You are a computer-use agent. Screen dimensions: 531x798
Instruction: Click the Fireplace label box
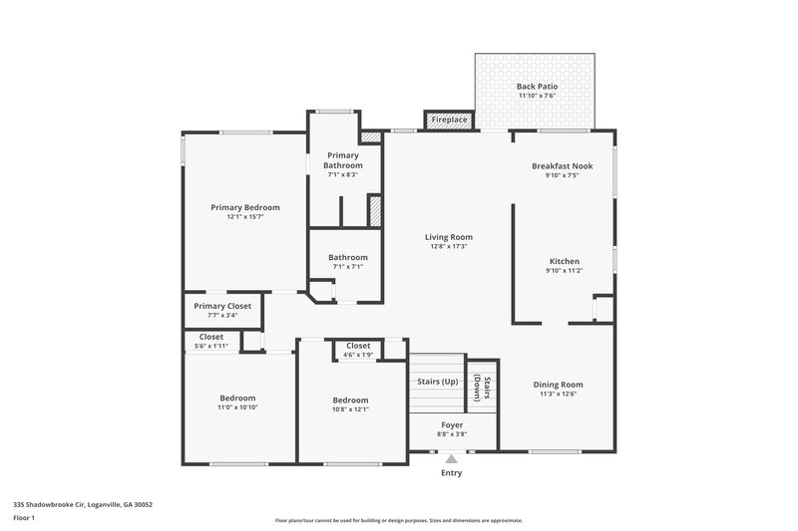(x=448, y=121)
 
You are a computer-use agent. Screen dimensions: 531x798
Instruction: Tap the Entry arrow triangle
(x=451, y=459)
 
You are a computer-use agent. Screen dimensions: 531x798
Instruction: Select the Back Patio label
(x=537, y=87)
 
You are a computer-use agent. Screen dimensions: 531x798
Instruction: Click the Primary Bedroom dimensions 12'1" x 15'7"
(x=244, y=217)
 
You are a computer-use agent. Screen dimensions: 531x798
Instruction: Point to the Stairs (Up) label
(x=437, y=382)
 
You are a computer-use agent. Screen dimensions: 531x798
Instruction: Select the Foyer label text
(x=451, y=424)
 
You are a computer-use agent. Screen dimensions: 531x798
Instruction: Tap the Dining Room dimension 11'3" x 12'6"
(x=558, y=394)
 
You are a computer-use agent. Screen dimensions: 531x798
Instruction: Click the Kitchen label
(x=564, y=260)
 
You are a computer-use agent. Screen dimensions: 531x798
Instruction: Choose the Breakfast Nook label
(x=562, y=165)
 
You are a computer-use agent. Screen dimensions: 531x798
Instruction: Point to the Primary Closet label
(x=222, y=306)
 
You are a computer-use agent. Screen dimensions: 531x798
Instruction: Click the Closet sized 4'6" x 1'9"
(x=358, y=355)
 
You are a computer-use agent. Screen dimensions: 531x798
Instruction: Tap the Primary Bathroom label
(x=345, y=159)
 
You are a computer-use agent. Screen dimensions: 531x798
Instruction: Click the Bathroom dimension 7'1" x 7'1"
(x=348, y=266)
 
